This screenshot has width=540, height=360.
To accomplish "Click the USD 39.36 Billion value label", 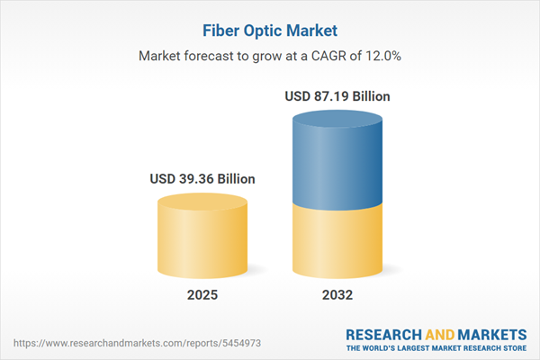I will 202,179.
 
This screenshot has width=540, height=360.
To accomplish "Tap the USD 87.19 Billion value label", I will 338,95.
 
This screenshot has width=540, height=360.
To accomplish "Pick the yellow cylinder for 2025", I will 202,236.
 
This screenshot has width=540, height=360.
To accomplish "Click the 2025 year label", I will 202,295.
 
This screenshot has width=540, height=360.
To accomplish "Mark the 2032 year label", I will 338,295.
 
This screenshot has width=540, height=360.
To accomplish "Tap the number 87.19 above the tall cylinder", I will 333,95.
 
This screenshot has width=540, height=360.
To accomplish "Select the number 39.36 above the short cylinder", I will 196,179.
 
